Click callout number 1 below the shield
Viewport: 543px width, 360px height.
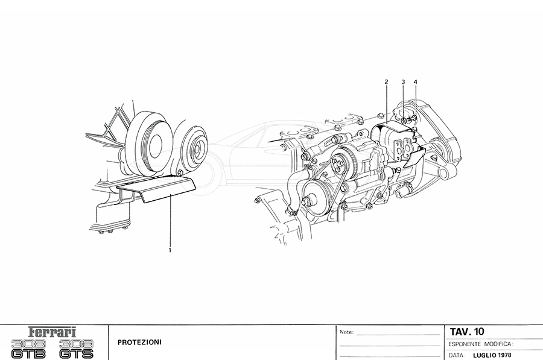[x=170, y=249]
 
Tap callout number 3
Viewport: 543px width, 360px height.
[x=403, y=81]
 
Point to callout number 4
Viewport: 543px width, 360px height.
[x=415, y=81]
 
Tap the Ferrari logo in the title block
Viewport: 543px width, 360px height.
[x=54, y=332]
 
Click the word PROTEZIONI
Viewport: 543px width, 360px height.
[x=140, y=342]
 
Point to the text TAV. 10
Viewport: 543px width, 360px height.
[x=466, y=331]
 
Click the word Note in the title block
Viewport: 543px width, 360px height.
[x=346, y=332]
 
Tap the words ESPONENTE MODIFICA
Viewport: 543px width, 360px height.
[x=481, y=344]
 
